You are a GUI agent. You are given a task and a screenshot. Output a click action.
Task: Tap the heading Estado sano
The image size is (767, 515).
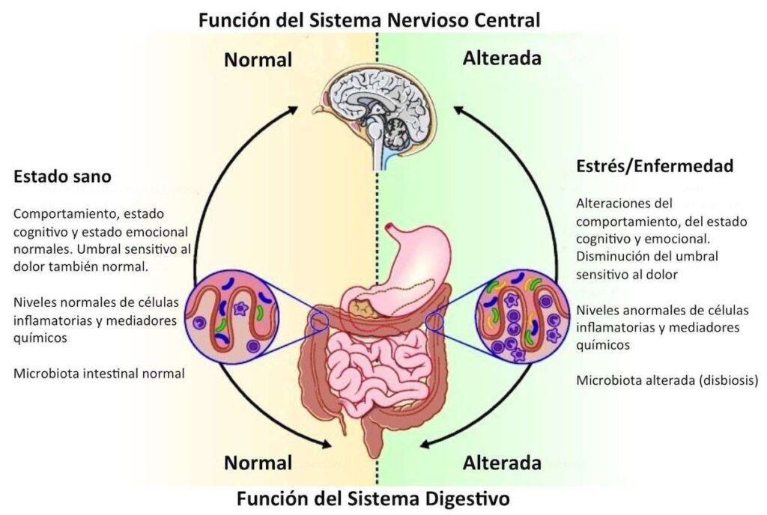pyautogui.click(x=62, y=176)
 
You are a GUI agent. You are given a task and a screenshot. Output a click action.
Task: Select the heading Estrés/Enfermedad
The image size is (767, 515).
pyautogui.click(x=655, y=166)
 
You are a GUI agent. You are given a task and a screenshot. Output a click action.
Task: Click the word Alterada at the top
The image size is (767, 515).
pyautogui.click(x=502, y=58)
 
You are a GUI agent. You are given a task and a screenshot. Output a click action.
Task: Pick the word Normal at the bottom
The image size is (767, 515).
pyautogui.click(x=258, y=463)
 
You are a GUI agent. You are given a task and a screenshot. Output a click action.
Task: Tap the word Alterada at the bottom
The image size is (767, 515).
pyautogui.click(x=502, y=463)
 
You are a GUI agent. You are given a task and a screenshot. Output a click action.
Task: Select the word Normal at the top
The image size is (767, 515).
pyautogui.click(x=258, y=60)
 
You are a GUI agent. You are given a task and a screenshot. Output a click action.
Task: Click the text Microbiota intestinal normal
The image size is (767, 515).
pyautogui.click(x=99, y=374)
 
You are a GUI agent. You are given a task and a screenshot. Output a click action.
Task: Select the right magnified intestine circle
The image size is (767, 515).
pyautogui.click(x=522, y=317)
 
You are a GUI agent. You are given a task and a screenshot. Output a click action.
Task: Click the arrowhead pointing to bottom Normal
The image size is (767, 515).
pyautogui.click(x=325, y=444)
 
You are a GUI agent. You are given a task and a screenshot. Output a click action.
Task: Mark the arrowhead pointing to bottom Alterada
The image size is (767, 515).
pyautogui.click(x=426, y=444)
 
